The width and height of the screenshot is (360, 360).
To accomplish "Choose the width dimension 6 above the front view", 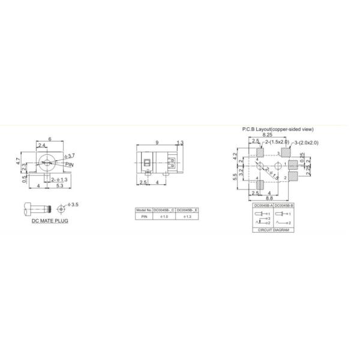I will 50,139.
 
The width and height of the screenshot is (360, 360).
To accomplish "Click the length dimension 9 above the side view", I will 156,143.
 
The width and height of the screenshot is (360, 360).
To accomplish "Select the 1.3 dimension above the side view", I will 180,143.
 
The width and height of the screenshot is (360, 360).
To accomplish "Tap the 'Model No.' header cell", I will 144,210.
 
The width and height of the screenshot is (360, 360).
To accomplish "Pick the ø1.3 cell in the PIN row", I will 187,216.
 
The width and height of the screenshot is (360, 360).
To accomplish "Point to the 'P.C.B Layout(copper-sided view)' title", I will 277,129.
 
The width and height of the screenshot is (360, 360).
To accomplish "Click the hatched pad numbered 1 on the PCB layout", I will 293,164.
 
